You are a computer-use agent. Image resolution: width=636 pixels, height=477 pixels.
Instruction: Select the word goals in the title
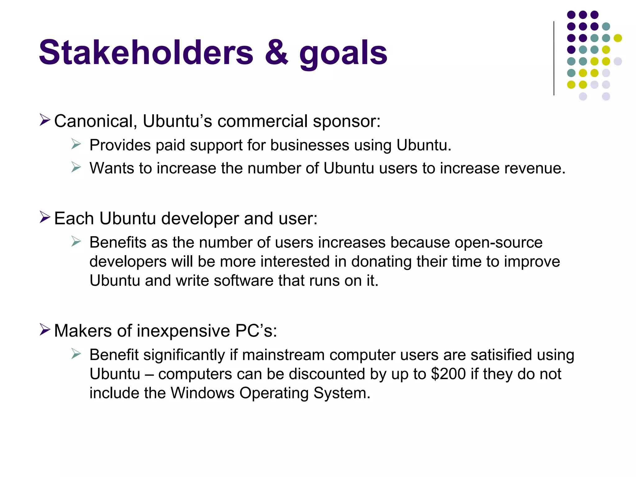coord(343,54)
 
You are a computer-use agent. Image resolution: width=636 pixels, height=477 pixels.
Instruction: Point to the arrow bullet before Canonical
coord(45,120)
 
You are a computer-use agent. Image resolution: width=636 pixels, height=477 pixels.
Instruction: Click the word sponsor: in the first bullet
coord(347,121)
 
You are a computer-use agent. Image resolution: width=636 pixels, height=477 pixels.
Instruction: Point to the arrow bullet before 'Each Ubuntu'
coord(45,217)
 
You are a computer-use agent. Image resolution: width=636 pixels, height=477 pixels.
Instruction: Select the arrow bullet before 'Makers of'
coord(45,329)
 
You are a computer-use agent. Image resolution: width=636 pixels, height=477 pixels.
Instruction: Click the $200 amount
coord(448,374)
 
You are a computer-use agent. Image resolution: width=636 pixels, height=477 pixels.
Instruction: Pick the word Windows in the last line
coord(202,393)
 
